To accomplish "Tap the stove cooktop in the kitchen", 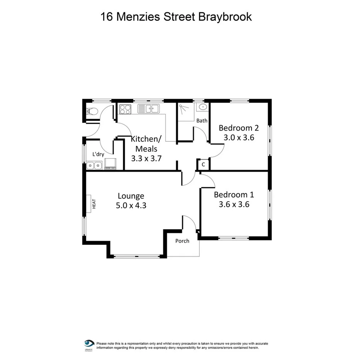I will (x=125, y=109).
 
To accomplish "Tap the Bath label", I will (x=202, y=121).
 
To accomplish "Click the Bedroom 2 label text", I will (x=239, y=128).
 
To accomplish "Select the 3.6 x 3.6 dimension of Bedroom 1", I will (x=234, y=205).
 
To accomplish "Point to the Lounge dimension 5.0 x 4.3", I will (x=131, y=205).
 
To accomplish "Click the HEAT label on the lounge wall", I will (x=93, y=204).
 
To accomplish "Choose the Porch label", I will (x=182, y=241).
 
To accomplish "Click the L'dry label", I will (x=98, y=154).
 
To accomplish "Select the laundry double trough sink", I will (x=94, y=166).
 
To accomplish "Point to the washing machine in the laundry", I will (x=111, y=163).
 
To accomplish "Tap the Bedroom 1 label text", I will (x=234, y=195).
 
